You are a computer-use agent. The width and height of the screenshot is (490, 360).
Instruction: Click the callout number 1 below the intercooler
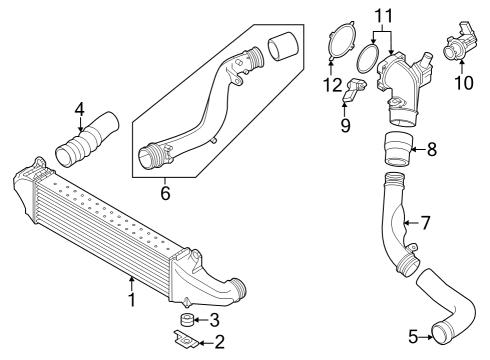[132, 300]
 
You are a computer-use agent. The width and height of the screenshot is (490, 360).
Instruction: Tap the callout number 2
[220, 342]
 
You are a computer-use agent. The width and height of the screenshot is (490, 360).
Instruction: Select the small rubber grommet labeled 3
[187, 320]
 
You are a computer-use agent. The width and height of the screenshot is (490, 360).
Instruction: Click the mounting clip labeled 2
[186, 340]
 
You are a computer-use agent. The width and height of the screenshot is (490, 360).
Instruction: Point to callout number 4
[80, 109]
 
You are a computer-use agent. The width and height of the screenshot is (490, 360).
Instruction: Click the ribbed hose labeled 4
[87, 140]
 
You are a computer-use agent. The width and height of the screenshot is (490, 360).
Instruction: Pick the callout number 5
[413, 337]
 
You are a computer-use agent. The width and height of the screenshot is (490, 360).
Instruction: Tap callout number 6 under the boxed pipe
[165, 193]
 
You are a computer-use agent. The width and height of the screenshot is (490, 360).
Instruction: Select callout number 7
[425, 223]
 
